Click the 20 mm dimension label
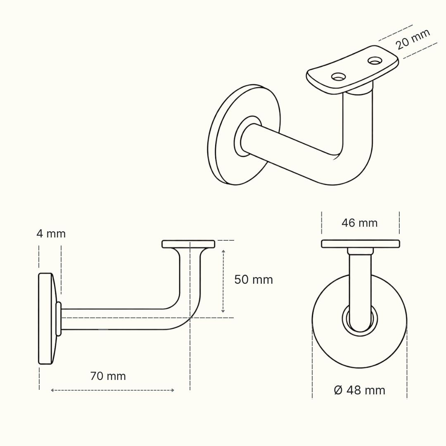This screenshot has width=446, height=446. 413,39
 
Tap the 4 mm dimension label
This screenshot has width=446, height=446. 51,234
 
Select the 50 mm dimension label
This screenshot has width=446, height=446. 254,280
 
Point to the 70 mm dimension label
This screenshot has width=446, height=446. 108,376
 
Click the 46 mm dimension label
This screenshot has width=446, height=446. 360,223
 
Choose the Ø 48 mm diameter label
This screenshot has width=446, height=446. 360,390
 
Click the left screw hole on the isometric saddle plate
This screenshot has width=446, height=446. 339,76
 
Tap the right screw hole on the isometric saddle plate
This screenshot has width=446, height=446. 375,60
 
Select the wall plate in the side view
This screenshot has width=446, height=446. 45,318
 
